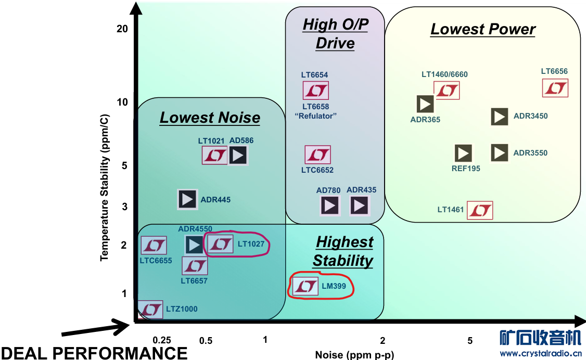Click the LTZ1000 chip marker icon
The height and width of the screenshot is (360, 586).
(x=151, y=310)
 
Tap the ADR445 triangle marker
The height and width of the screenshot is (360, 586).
(x=187, y=199)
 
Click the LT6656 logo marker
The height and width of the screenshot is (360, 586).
(x=555, y=88)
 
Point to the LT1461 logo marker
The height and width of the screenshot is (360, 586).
(x=480, y=210)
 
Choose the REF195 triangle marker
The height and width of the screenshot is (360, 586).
(x=463, y=153)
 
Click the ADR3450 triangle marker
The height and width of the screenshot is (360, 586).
(x=500, y=117)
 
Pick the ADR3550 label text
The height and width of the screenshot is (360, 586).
(x=530, y=153)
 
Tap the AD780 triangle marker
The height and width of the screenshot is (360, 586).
(x=329, y=206)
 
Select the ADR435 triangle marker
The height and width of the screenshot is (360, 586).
(x=359, y=206)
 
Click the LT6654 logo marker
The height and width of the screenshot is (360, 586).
(x=315, y=91)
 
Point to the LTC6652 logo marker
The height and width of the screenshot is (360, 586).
(x=317, y=155)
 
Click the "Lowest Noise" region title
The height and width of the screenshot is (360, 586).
(x=210, y=118)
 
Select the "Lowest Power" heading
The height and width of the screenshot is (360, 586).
(x=483, y=29)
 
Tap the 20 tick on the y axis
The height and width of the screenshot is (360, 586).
(x=122, y=29)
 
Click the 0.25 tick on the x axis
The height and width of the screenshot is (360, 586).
(x=162, y=340)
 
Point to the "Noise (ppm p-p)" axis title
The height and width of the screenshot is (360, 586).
(x=354, y=355)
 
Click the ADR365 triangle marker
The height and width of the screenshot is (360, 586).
(x=425, y=104)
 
